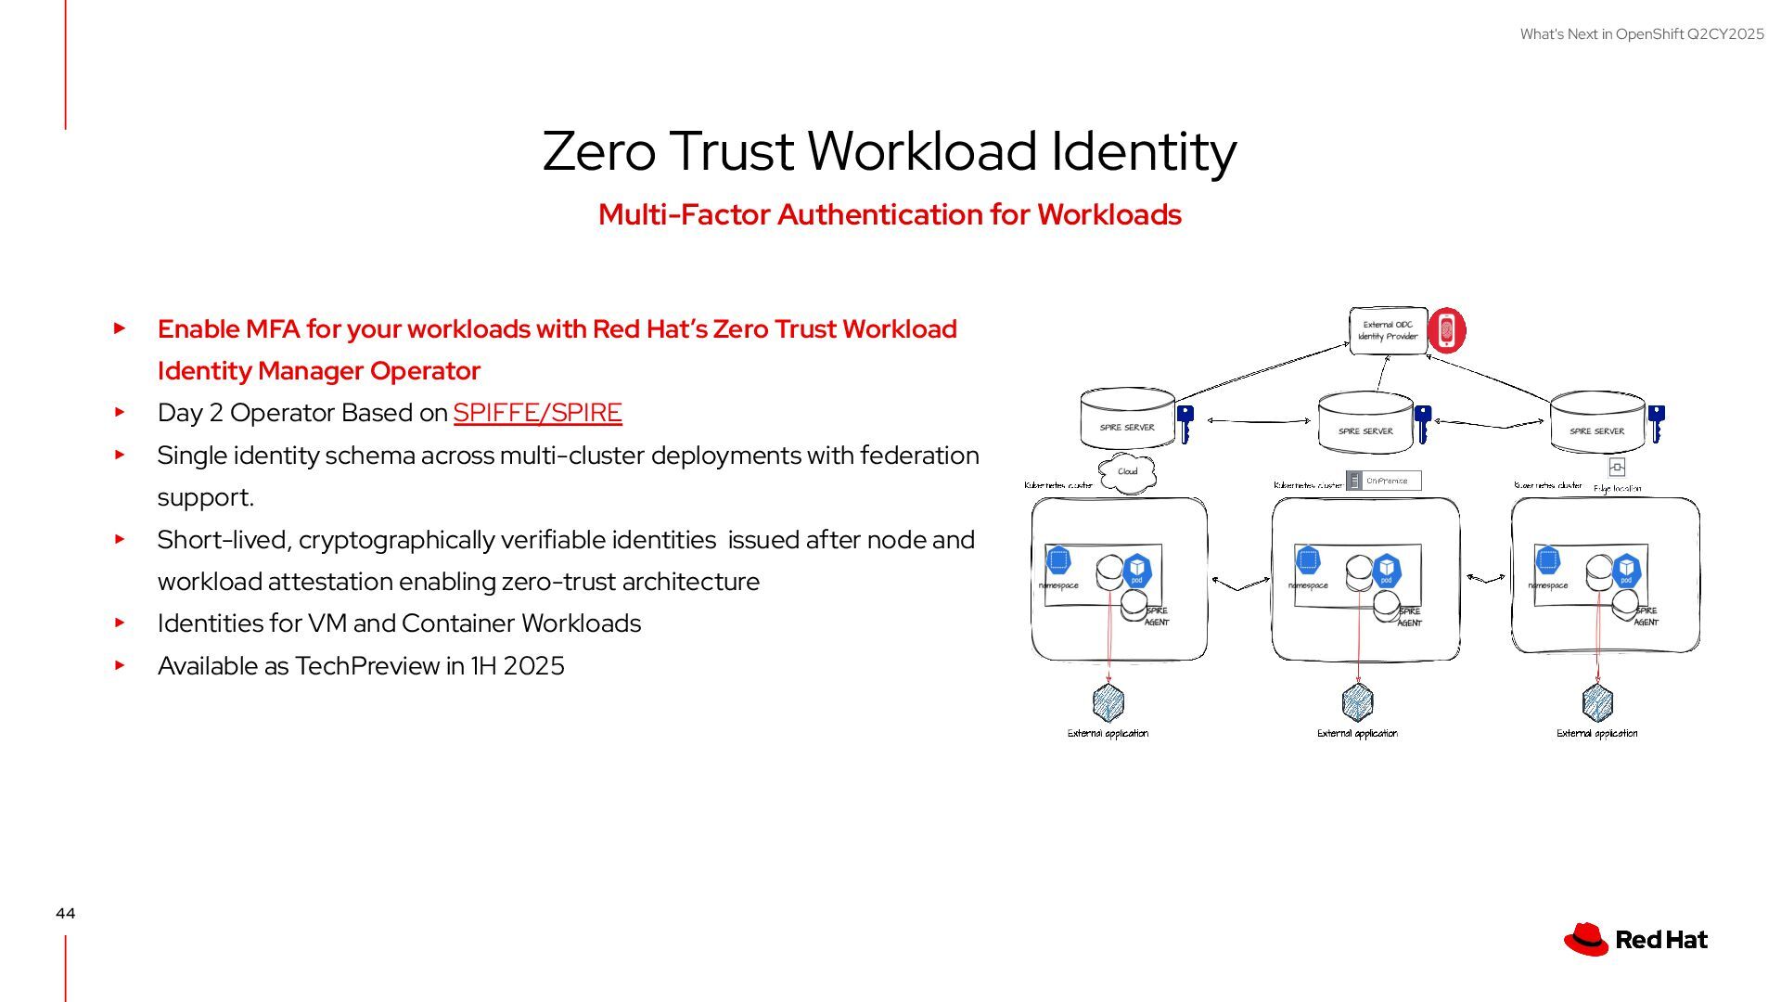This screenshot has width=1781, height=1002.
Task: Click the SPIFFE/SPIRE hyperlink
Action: [537, 413]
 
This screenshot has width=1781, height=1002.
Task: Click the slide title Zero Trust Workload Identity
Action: [889, 151]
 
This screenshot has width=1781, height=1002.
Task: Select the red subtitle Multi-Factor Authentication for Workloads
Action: [889, 214]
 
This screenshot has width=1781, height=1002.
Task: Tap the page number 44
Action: [65, 914]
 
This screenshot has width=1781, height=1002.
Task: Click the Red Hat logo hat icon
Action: [1585, 939]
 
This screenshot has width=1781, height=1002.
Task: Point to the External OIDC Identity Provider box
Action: [1387, 331]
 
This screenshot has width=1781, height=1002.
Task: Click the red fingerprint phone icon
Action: [1446, 330]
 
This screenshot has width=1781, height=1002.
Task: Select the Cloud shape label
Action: [1127, 472]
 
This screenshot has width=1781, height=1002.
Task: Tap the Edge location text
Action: [1617, 488]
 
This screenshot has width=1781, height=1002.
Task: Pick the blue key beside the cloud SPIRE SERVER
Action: [1185, 424]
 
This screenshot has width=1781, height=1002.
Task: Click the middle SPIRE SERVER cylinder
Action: [1365, 423]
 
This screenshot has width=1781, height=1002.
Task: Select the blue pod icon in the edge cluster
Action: [1626, 570]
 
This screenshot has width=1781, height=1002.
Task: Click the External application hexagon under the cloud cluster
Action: [1108, 702]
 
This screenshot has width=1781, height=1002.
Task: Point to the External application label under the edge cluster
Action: [1596, 734]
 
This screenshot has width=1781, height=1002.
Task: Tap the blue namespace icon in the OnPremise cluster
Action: [1308, 559]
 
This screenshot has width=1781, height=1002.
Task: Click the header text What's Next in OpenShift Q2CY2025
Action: [1641, 34]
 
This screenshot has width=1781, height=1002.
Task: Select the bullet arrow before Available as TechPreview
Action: [120, 665]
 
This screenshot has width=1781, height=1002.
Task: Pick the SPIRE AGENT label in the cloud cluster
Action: [1157, 617]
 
